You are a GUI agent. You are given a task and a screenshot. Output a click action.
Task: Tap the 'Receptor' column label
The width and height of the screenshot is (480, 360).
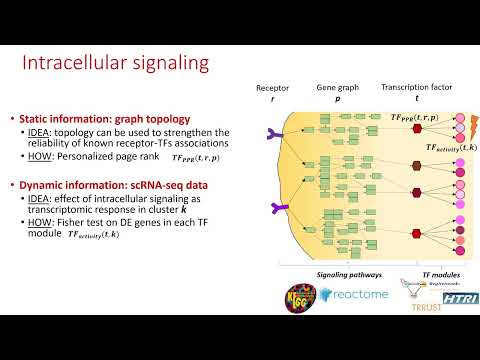[272, 88]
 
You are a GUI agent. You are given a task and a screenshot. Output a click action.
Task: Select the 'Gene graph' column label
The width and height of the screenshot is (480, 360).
[336, 88]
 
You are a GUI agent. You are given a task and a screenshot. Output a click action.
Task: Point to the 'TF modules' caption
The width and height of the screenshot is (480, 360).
[435, 274]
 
